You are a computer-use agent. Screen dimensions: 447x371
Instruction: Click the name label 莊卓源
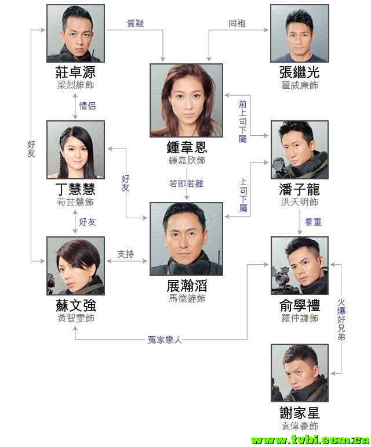(x=75, y=73)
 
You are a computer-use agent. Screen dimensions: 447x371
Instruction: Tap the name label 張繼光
(x=299, y=73)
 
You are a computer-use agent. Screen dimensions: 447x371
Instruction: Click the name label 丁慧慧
(x=75, y=190)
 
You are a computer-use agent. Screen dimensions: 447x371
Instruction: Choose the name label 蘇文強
(x=75, y=305)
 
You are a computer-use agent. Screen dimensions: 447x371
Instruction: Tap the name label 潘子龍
(x=299, y=190)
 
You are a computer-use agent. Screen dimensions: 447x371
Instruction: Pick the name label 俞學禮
(x=299, y=305)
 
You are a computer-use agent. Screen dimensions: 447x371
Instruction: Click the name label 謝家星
(x=299, y=413)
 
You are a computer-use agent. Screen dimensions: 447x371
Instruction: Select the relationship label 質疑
(x=135, y=24)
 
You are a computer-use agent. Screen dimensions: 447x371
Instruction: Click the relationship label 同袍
(x=237, y=24)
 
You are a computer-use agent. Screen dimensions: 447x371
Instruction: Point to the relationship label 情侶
(x=87, y=106)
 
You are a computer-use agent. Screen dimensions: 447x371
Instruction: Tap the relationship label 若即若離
(x=186, y=184)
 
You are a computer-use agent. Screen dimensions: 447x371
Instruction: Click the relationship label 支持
(x=125, y=254)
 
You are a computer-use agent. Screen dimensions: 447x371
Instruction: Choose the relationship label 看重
(x=314, y=221)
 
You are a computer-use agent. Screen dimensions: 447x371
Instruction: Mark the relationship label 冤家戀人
(x=165, y=340)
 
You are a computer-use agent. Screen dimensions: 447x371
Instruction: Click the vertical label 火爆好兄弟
(x=341, y=319)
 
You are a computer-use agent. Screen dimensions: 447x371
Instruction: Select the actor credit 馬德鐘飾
(x=186, y=298)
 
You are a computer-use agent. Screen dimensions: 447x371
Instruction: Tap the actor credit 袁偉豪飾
(x=299, y=426)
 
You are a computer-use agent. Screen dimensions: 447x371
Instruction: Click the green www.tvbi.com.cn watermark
(x=307, y=439)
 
